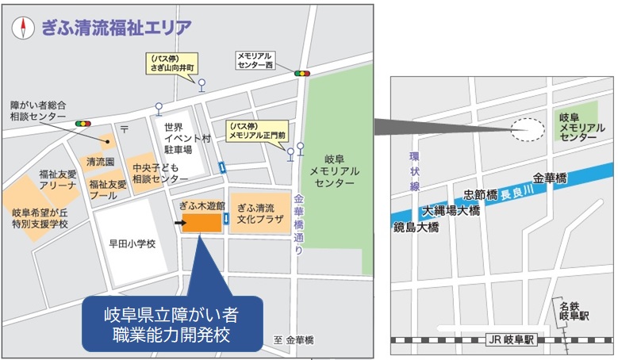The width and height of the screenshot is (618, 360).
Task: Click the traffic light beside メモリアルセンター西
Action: [301, 73]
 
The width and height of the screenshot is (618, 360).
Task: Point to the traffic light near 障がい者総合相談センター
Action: [83, 124]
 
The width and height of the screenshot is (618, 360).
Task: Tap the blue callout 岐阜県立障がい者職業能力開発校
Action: [171, 322]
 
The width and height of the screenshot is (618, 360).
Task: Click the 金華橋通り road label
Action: [298, 225]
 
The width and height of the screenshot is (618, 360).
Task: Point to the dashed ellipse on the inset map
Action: [528, 130]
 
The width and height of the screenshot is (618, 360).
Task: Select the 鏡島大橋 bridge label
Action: [416, 227]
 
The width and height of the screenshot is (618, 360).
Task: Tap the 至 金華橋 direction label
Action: [294, 340]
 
